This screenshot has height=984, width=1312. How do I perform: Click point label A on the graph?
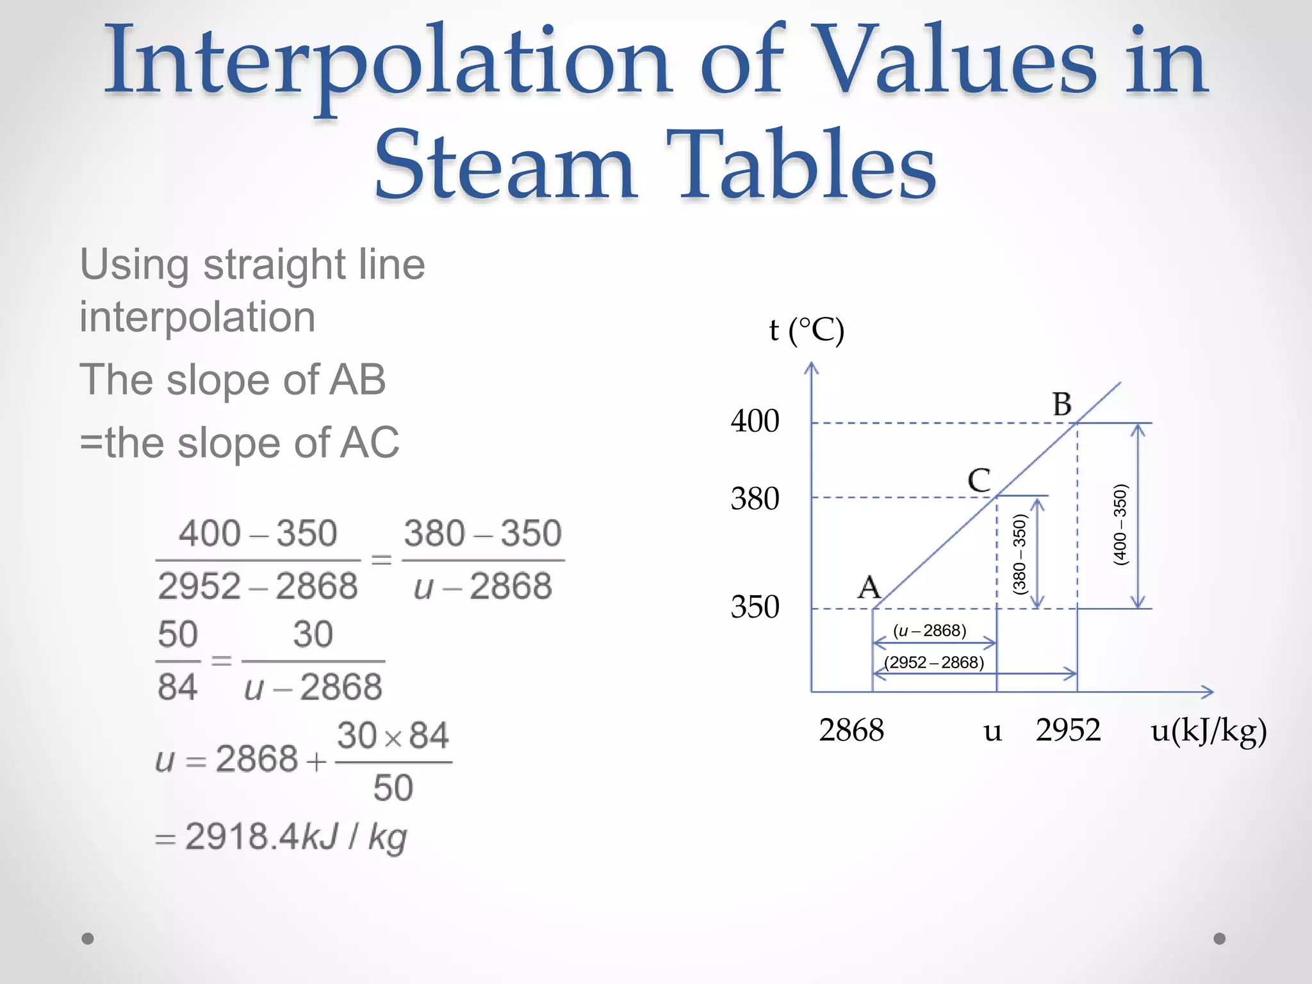pos(869,587)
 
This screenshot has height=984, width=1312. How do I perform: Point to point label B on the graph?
pos(1062,404)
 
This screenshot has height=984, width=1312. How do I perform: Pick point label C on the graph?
pos(979,480)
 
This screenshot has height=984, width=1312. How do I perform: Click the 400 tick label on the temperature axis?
pos(755,422)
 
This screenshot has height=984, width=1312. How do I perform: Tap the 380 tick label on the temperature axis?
pos(755,498)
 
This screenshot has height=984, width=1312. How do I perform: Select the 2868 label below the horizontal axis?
pos(851,730)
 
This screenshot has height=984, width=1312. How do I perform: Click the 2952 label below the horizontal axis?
pos(1068,730)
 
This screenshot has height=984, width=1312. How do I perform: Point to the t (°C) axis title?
pos(807,331)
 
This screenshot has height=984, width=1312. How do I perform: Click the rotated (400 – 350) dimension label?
pos(1120,525)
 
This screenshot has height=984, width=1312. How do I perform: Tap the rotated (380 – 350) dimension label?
pos(1019,554)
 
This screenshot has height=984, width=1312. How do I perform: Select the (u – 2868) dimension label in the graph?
pos(930,631)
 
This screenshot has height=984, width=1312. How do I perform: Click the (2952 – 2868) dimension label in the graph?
pos(934,662)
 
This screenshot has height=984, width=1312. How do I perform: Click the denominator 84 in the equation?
pos(177,687)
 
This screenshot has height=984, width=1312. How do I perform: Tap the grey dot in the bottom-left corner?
pos(88,939)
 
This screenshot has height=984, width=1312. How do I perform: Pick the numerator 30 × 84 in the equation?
pos(393,735)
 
